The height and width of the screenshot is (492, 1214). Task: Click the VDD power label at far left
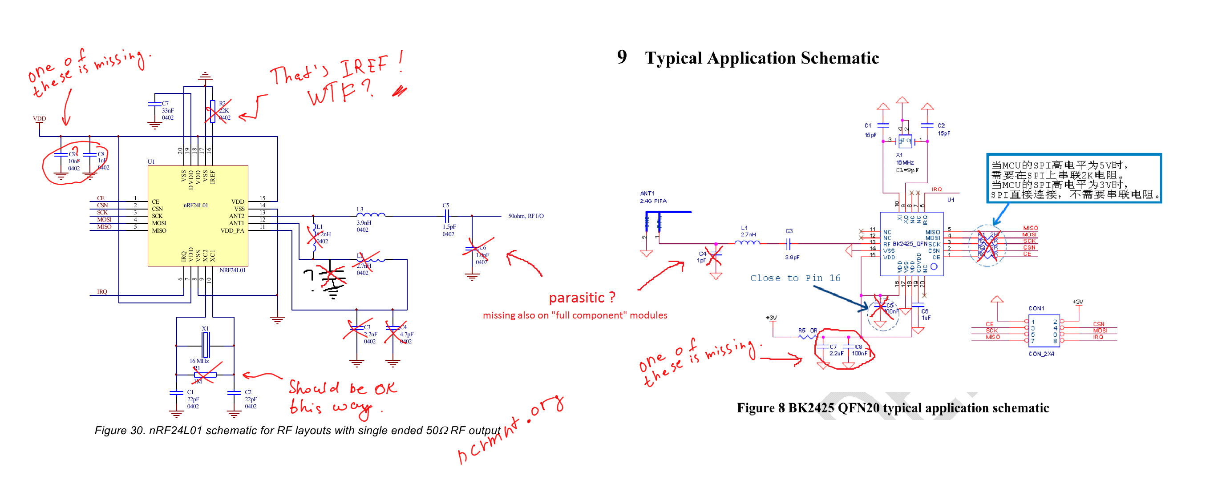tap(39, 118)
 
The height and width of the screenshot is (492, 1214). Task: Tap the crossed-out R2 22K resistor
tap(213, 111)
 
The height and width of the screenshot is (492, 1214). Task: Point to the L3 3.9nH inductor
tap(371, 215)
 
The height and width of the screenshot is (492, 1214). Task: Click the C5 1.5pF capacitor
tap(447, 216)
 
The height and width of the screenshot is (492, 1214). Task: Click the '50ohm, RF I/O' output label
tap(526, 216)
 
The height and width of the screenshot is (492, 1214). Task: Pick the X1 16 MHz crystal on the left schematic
tap(205, 344)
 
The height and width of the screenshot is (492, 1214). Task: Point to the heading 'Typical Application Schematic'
tap(761, 58)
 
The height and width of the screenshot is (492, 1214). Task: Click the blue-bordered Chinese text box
tap(1073, 179)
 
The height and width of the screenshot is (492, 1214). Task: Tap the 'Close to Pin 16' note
tap(795, 278)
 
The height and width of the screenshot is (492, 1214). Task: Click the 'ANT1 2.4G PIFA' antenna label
tap(653, 197)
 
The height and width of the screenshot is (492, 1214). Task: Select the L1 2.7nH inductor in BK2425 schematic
tap(747, 242)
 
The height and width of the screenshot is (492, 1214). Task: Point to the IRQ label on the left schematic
tap(102, 291)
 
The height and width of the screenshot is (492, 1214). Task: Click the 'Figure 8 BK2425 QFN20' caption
tap(893, 407)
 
